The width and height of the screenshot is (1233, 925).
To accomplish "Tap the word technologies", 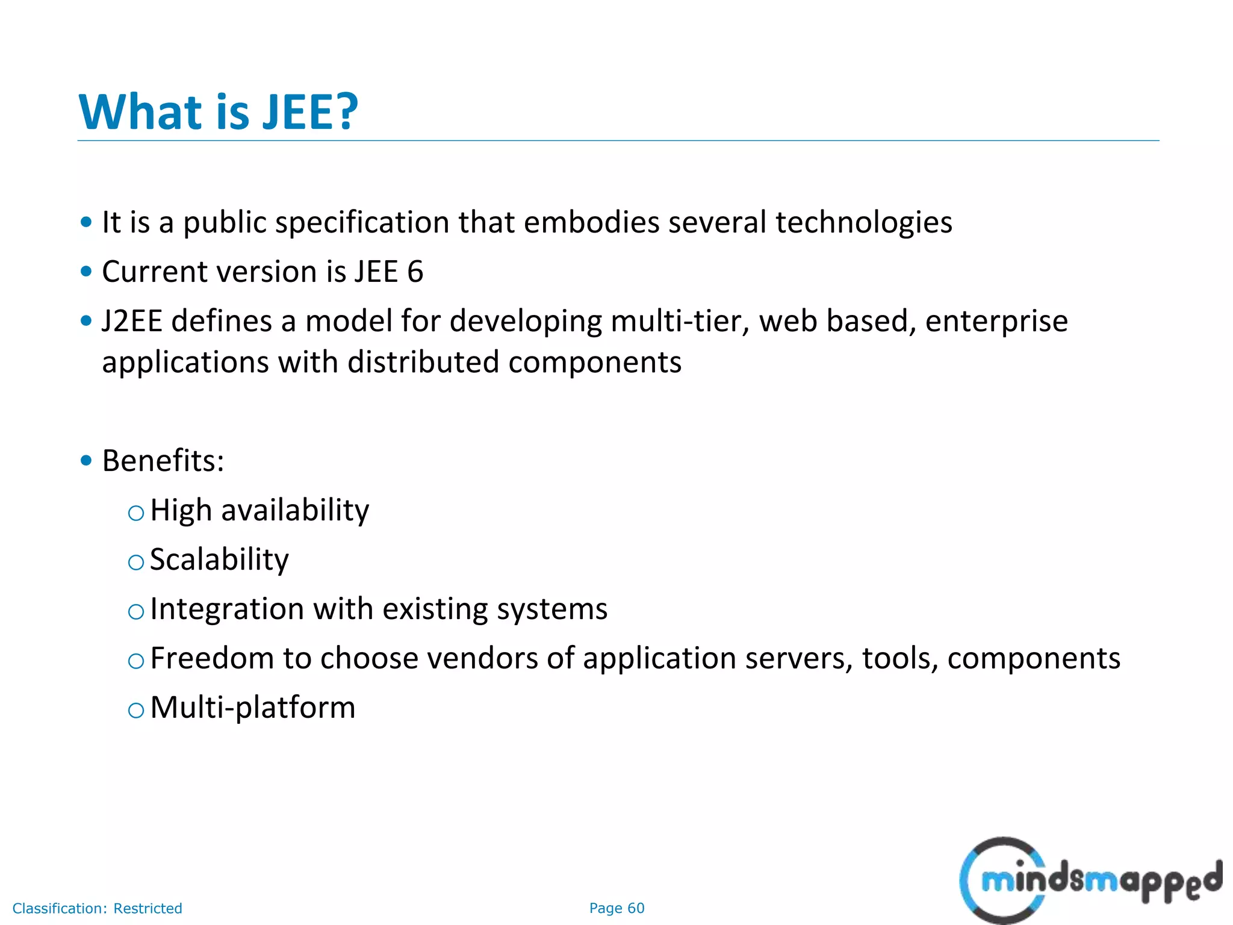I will tap(863, 222).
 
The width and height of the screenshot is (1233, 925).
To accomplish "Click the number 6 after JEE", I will tap(415, 272).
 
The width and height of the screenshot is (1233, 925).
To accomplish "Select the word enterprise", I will tap(996, 321).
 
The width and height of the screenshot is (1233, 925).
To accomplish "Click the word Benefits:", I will tap(163, 461).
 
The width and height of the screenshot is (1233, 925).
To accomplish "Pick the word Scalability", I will tap(219, 559).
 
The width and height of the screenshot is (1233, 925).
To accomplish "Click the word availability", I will tap(295, 511).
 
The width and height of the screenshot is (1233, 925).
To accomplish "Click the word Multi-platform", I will tap(253, 708).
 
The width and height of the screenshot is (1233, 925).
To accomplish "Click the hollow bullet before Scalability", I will tap(136, 562).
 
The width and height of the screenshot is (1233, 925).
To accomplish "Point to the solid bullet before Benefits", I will tap(86, 461).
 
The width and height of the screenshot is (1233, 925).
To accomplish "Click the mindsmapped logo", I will tap(1090, 880).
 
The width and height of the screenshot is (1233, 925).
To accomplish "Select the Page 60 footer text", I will tap(616, 908).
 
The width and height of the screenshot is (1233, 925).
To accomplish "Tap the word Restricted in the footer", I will tap(148, 908).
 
